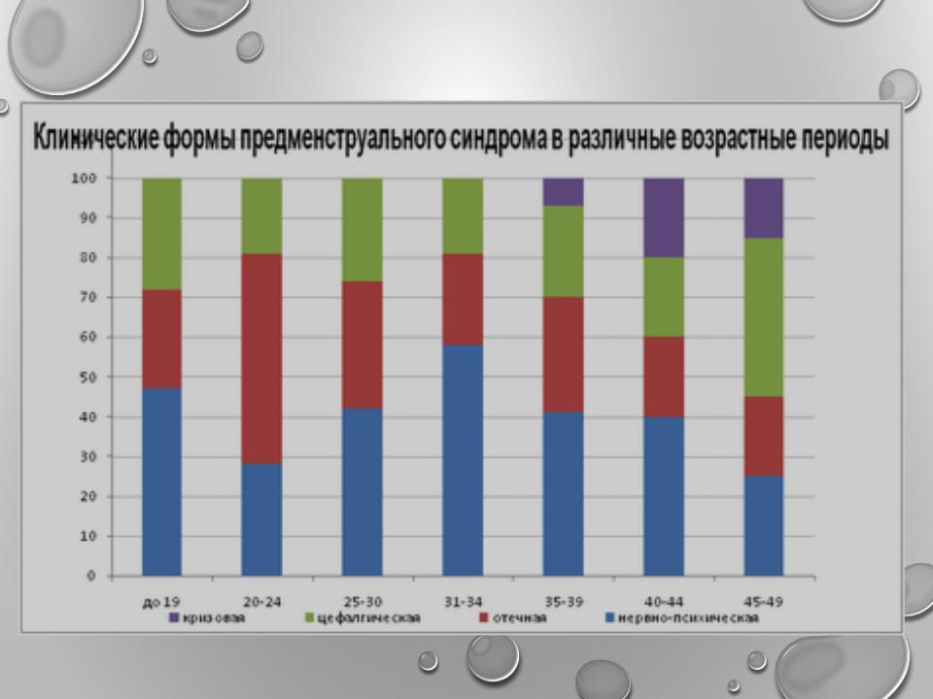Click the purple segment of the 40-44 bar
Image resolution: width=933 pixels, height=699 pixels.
click(664, 217)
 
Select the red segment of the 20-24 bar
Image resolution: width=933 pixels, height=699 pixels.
click(261, 359)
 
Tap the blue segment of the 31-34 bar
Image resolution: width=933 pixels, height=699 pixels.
click(463, 460)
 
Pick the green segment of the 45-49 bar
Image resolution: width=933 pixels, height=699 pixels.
click(764, 317)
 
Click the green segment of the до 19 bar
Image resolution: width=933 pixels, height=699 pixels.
click(162, 234)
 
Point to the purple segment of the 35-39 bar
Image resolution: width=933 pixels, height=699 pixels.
click(564, 192)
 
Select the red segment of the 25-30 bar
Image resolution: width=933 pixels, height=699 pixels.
click(363, 345)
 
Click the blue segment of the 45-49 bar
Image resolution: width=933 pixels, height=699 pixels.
click(764, 525)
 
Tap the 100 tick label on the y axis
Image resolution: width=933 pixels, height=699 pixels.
click(84, 178)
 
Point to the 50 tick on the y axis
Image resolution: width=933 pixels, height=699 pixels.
click(87, 377)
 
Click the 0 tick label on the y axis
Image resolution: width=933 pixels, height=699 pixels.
click(91, 576)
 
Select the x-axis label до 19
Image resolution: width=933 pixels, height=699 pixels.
click(161, 603)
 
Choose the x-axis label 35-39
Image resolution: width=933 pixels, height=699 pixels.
click(564, 602)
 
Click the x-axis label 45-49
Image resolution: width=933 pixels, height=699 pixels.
click(764, 602)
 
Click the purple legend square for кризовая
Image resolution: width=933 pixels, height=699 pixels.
click(174, 617)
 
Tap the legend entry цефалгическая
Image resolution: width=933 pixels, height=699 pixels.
click(363, 618)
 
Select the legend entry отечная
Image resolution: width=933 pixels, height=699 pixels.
click(513, 618)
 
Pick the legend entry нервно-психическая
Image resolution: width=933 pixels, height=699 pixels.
click(682, 618)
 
